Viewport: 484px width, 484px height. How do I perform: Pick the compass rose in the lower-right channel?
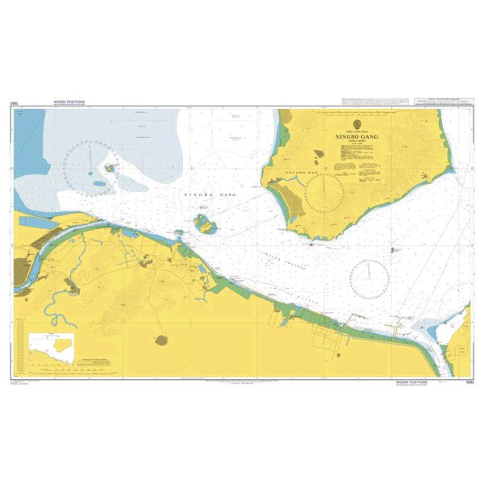370,278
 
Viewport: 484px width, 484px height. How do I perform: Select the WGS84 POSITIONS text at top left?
69,102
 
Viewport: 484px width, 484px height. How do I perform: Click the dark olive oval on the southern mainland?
161,340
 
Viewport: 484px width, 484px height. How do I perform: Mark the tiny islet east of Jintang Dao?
395,250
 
